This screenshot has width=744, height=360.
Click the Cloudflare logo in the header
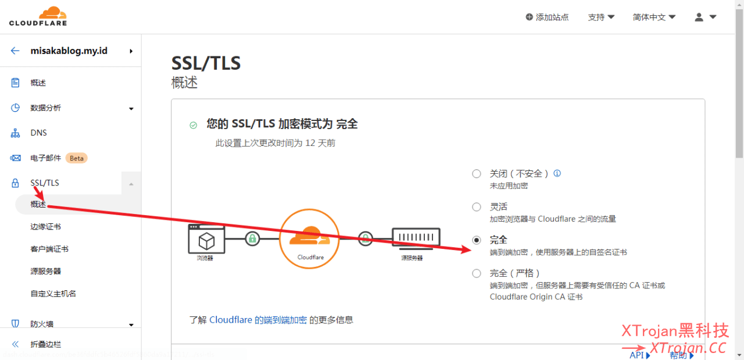[38, 16]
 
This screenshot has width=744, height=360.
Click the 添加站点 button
[547, 17]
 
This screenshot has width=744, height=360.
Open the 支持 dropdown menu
[601, 17]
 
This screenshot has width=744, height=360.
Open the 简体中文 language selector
[654, 17]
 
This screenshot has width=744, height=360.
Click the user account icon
[699, 17]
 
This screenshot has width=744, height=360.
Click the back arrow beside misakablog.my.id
[15, 51]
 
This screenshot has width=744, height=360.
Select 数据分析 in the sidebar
[46, 108]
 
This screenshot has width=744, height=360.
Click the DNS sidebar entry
[38, 133]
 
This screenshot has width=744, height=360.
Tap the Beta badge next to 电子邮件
[76, 158]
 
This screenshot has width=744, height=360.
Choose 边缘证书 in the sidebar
[46, 227]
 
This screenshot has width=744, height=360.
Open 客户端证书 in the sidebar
[49, 249]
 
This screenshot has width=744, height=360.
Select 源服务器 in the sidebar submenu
[46, 271]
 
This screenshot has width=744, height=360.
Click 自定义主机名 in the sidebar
[53, 294]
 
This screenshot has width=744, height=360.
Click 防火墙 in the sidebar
[42, 324]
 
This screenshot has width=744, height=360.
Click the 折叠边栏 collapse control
[45, 344]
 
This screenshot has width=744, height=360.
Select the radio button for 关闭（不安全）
[477, 173]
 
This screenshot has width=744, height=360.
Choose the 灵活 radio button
[477, 207]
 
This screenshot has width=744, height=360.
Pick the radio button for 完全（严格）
[477, 273]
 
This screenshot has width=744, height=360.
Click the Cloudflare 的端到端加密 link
[258, 320]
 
